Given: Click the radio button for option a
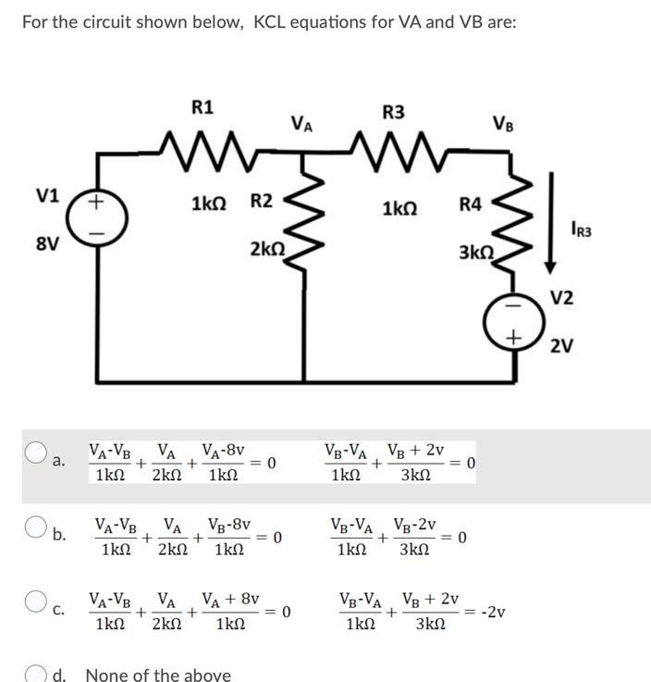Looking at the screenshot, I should click(x=36, y=453).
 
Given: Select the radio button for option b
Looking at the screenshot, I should click(x=36, y=527).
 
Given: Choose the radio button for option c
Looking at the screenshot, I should click(x=36, y=601).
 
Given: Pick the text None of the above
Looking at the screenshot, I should click(x=157, y=675).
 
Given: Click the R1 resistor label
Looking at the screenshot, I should click(x=203, y=107).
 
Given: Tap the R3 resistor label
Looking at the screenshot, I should click(x=393, y=112).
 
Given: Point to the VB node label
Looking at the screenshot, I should click(x=505, y=124).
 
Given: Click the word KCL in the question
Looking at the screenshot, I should click(x=273, y=21).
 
